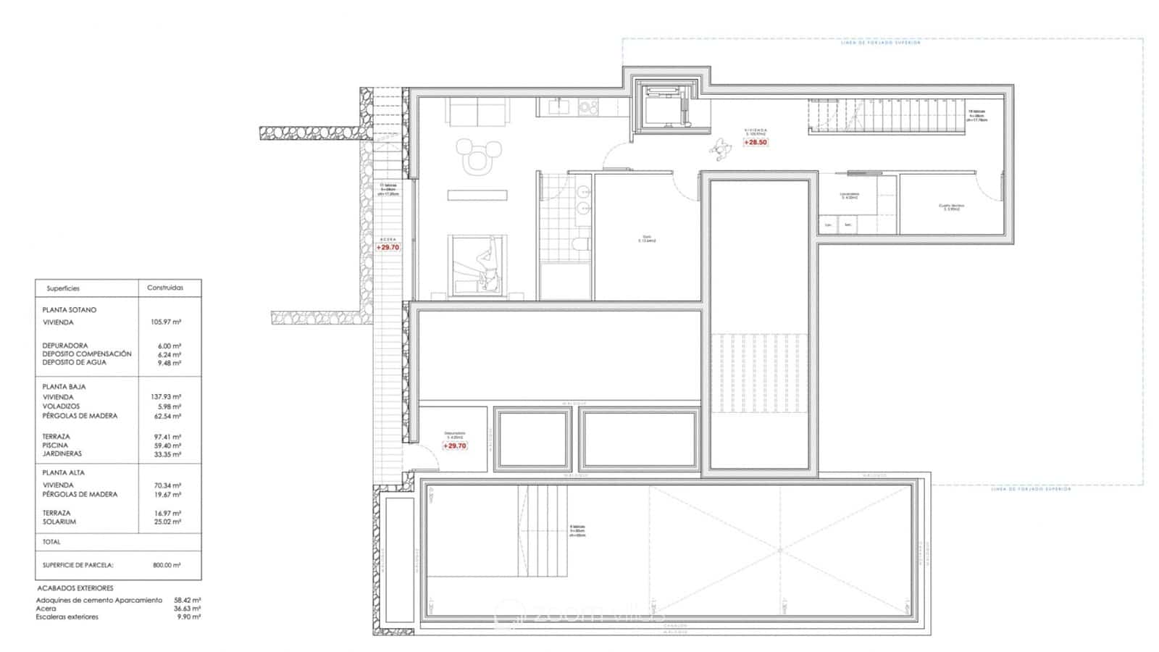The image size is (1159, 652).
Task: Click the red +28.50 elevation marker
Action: (x=755, y=143)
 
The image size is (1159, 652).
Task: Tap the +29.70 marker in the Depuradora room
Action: (x=455, y=446)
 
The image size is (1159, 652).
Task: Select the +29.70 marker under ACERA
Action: (x=388, y=248)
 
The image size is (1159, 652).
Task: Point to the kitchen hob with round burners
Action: (x=588, y=108)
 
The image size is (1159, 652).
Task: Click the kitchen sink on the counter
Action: (x=558, y=108)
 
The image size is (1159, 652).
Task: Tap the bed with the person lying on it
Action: (x=476, y=265)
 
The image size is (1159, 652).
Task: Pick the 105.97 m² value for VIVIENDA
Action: (x=170, y=322)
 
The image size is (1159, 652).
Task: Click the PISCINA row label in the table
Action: (x=56, y=446)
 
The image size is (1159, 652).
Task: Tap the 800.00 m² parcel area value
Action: (x=167, y=565)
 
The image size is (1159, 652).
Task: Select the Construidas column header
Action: (x=165, y=288)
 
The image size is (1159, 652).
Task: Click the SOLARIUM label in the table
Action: (x=59, y=522)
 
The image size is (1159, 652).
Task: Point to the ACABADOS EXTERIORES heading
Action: (x=75, y=588)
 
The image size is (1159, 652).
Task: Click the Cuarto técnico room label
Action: (x=951, y=206)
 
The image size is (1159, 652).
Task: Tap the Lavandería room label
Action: (x=849, y=194)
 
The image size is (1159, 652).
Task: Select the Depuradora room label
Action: (x=455, y=433)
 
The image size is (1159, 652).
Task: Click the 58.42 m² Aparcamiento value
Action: (x=187, y=601)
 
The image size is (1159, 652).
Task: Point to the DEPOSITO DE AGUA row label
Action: (x=74, y=362)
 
